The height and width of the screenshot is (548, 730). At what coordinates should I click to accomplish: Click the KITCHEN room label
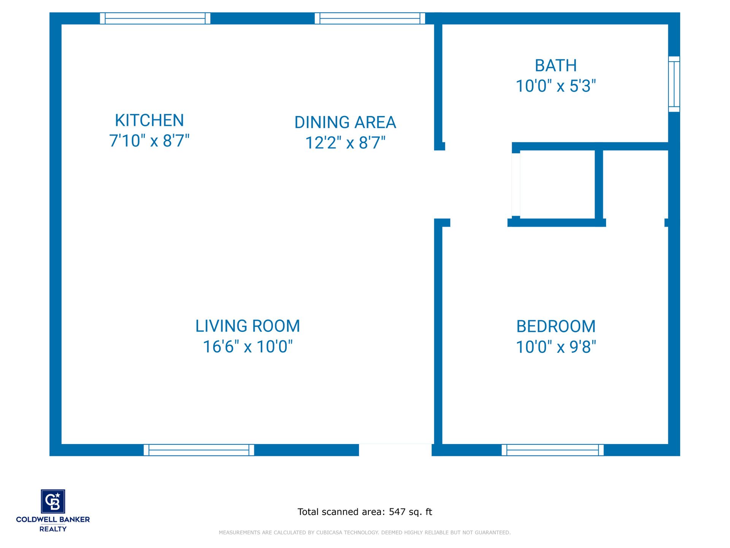click(x=149, y=120)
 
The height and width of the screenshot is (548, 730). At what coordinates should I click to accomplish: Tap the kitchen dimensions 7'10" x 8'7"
click(x=149, y=141)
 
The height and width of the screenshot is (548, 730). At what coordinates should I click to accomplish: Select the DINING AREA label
click(x=345, y=122)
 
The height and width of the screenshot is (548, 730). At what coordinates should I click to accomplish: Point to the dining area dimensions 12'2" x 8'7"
click(x=345, y=143)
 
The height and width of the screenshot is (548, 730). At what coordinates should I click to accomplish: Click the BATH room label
click(x=556, y=65)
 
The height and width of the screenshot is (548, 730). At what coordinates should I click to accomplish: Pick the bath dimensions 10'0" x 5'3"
click(x=556, y=86)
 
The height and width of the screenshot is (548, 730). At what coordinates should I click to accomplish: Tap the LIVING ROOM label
click(x=248, y=326)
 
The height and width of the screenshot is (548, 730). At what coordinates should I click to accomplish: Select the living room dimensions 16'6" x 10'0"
click(x=248, y=347)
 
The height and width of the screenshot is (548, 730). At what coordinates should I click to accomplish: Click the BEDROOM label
click(x=556, y=327)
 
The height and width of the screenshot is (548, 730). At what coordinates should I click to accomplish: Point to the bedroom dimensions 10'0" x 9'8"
click(x=556, y=347)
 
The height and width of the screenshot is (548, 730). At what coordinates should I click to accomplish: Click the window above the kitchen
click(x=155, y=18)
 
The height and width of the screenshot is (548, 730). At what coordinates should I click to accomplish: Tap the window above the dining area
click(x=370, y=18)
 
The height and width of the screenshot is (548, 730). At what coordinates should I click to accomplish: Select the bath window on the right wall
click(x=674, y=84)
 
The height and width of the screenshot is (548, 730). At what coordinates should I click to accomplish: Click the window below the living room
click(x=199, y=450)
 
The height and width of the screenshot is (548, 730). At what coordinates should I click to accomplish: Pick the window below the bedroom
click(x=553, y=450)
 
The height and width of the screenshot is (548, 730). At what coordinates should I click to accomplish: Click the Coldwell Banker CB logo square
click(x=53, y=501)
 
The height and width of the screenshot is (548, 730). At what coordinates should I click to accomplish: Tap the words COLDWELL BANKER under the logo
click(x=53, y=519)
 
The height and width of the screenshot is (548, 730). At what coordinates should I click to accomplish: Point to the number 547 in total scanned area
click(x=397, y=512)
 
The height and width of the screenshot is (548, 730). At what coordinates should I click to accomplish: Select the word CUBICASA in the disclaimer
click(x=330, y=532)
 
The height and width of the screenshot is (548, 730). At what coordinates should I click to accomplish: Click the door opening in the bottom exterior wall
click(x=395, y=450)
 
